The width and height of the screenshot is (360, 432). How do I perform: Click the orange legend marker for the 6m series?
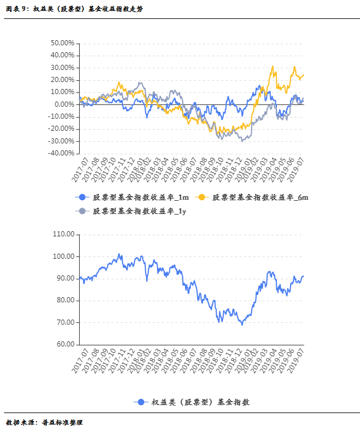201,197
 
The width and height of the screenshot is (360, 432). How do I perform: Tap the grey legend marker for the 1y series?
82,211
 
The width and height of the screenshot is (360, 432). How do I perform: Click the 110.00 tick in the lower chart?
64,234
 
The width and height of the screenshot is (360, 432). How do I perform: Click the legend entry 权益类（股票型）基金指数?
201,402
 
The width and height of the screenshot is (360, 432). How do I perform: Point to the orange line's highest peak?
273,66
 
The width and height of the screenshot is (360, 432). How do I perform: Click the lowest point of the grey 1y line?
242,141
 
